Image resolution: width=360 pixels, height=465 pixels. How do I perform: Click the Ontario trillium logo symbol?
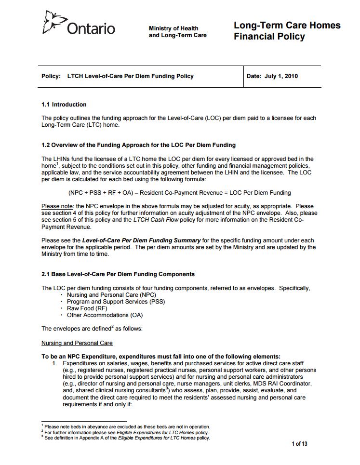coord(54,22)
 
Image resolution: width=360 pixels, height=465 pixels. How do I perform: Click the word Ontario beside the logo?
coord(91,29)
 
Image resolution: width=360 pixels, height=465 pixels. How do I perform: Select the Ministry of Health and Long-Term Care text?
coord(177,32)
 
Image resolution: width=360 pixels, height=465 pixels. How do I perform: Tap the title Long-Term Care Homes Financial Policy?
coord(287,31)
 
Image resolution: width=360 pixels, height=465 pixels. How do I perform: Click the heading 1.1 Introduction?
coord(64,105)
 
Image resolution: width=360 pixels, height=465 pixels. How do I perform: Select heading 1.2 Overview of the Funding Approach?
coord(138,145)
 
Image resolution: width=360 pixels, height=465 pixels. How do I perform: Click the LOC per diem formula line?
coord(179,193)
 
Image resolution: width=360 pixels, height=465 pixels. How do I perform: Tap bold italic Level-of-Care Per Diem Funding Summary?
coord(141,240)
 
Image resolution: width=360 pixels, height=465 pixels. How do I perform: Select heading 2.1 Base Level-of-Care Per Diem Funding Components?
coord(118,274)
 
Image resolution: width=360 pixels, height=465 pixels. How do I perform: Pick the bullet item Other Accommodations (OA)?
coord(105,315)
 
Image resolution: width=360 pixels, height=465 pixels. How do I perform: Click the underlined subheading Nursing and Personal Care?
coord(77,343)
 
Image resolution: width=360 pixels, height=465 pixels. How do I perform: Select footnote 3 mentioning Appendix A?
coord(127,438)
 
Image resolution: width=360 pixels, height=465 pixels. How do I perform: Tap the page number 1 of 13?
coord(299,444)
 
